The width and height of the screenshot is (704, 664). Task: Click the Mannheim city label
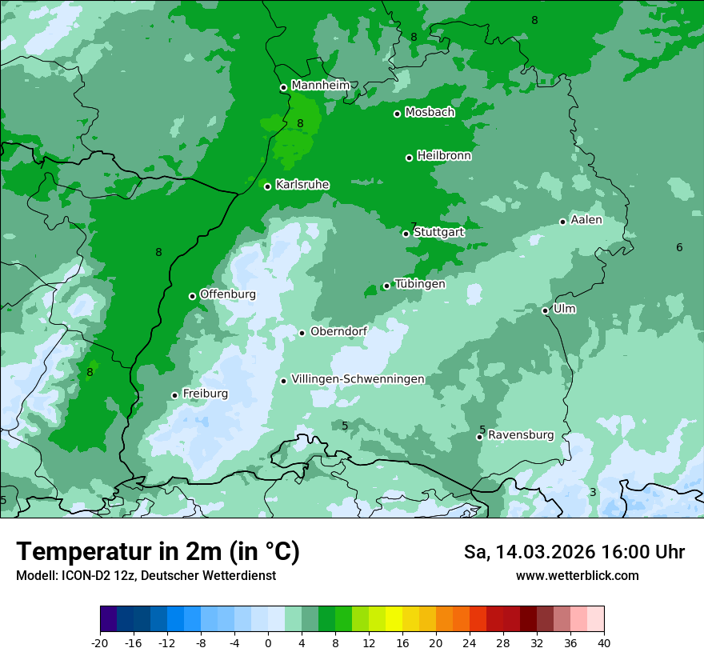(320, 86)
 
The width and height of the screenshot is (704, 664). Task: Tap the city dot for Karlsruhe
(268, 186)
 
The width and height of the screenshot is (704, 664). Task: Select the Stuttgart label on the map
(438, 232)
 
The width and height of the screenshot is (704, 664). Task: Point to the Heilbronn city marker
(409, 158)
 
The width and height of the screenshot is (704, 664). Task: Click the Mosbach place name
(430, 112)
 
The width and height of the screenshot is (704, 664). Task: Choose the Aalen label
(586, 220)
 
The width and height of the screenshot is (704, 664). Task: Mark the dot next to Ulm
(546, 310)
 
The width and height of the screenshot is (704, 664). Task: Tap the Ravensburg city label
(521, 435)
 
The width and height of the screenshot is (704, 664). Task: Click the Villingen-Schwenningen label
(358, 379)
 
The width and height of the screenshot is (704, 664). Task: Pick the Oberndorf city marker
(302, 333)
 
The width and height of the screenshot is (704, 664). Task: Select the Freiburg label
(205, 394)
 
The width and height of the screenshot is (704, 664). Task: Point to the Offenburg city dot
(192, 296)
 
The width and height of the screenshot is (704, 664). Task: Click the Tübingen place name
(420, 284)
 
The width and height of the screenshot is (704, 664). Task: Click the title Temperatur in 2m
(158, 552)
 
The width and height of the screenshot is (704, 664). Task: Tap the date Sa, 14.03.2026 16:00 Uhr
(574, 553)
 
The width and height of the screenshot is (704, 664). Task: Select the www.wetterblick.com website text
(577, 576)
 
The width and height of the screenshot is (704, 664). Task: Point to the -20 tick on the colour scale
(100, 642)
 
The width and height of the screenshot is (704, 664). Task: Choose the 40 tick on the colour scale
(604, 642)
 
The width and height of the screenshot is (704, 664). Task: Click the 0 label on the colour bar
(268, 642)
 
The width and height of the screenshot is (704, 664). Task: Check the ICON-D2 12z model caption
(146, 576)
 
